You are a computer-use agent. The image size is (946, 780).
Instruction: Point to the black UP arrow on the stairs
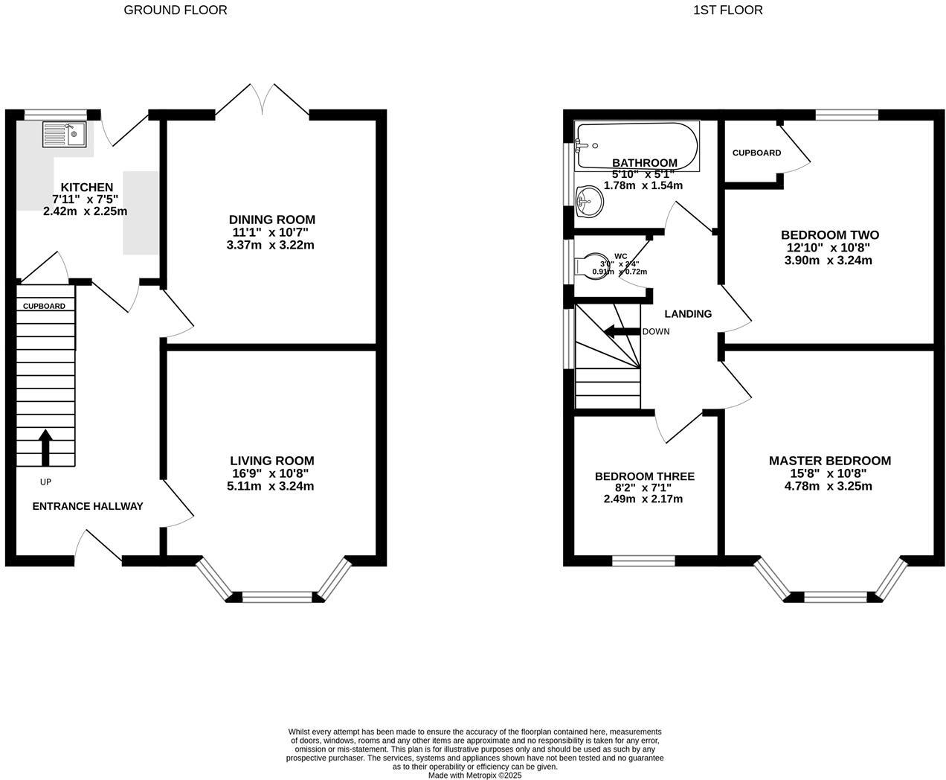[x=45, y=447]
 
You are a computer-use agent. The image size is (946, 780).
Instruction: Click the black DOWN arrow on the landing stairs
[x=620, y=331]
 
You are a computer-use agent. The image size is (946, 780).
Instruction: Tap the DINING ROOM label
[x=271, y=220]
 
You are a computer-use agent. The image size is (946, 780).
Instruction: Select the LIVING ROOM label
[x=271, y=461]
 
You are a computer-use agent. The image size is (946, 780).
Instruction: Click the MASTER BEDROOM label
[x=829, y=461]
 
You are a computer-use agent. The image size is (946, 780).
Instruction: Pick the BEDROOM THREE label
[x=644, y=476]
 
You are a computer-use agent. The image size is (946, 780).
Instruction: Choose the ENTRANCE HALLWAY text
[x=88, y=506]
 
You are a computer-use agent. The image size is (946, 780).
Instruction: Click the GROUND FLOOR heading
[x=176, y=10]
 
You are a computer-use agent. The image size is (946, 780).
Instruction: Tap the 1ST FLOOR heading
[x=727, y=10]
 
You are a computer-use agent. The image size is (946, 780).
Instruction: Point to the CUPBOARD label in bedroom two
[x=756, y=153]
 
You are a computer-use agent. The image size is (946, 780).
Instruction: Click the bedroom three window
[x=643, y=560]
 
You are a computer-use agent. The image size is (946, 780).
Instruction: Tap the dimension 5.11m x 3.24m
[x=271, y=486]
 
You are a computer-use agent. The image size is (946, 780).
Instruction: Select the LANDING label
[x=688, y=313]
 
